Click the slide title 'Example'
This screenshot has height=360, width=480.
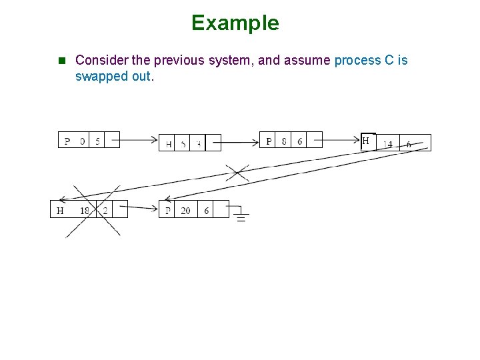235,23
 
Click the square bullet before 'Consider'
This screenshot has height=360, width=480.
62,61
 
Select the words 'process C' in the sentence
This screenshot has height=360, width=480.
365,61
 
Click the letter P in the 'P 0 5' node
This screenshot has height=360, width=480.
67,141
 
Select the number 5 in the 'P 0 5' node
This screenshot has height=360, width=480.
98,141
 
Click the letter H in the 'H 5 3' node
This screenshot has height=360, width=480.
169,144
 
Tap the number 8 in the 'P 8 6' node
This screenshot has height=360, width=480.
285,141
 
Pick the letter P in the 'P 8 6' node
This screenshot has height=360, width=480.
269,141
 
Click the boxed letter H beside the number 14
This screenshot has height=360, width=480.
366,141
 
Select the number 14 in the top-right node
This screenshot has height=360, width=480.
387,144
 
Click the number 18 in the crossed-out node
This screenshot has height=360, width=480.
85,211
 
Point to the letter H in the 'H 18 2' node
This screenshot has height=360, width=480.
60,211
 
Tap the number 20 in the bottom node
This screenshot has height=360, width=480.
185,211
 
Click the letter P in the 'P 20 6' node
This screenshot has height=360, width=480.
168,211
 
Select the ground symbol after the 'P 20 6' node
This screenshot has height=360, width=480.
240,215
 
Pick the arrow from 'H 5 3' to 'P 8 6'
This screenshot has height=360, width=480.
240,141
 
